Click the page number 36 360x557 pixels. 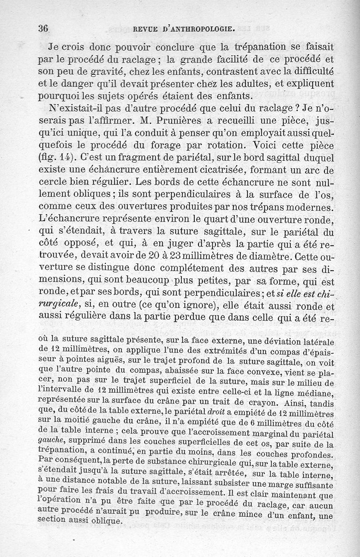tap(43, 28)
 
